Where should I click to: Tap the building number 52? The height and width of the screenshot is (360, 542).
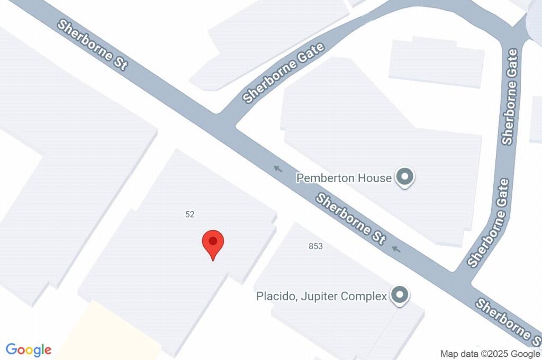coord(190,214)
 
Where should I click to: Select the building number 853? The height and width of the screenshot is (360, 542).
coord(315,246)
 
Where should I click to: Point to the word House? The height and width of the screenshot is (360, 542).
coord(375,178)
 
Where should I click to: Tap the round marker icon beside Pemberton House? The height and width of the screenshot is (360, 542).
coord(405,177)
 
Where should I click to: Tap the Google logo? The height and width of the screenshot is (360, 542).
coord(29,350)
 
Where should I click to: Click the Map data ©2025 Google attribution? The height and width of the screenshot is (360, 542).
coord(490,354)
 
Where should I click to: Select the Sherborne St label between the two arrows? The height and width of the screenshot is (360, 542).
coord(350,219)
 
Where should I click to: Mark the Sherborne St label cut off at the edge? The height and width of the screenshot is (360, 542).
coord(508,320)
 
